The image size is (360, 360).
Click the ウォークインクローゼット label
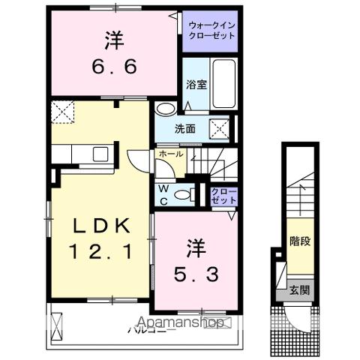click(210, 31)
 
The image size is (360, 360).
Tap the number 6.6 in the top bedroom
click(113, 68)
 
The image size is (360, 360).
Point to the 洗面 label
click(186, 128)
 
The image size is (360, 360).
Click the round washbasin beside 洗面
click(163, 109)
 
